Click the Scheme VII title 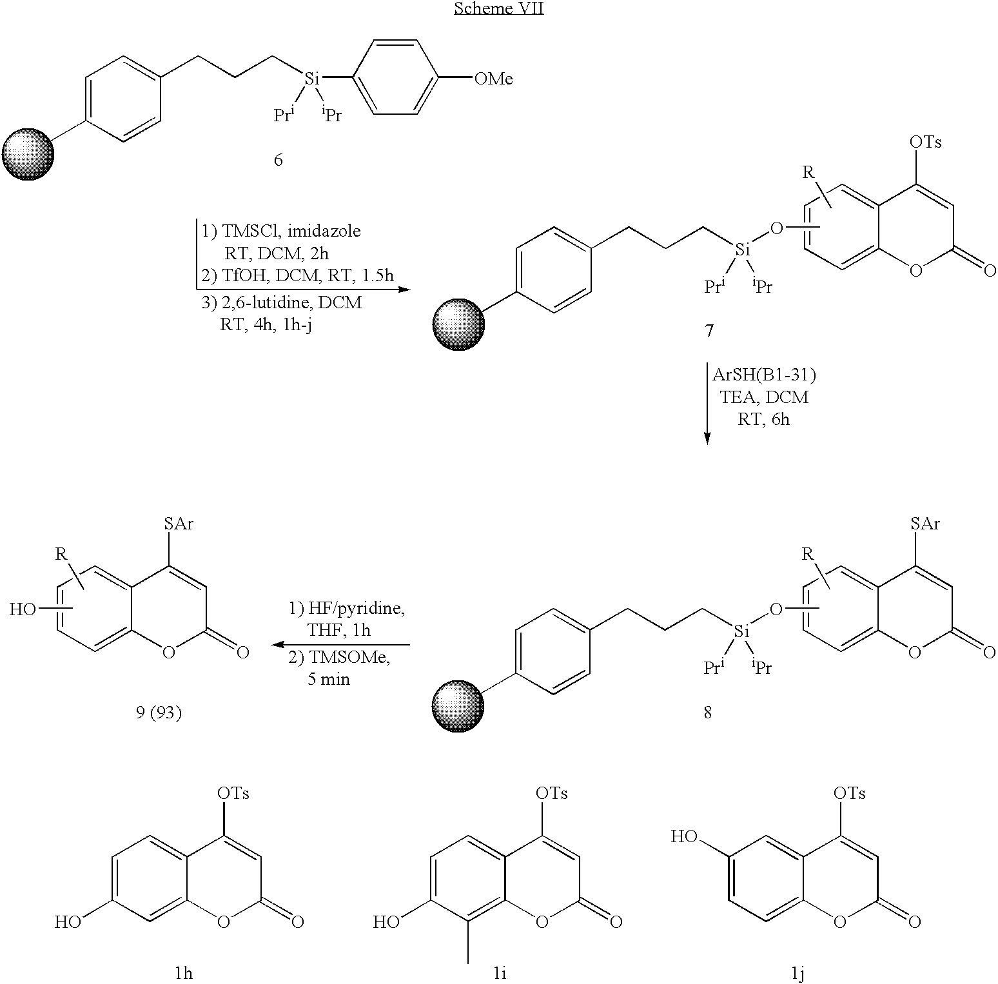(498, 8)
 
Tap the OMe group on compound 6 (494, 79)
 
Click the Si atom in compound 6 (311, 79)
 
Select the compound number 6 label (279, 159)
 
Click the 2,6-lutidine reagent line (280, 302)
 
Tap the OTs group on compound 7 (926, 142)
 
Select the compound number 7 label (709, 331)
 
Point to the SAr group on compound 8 (925, 524)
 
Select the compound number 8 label (708, 713)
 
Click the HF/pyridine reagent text (346, 609)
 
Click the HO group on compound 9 (23, 609)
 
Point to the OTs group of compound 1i (551, 793)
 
